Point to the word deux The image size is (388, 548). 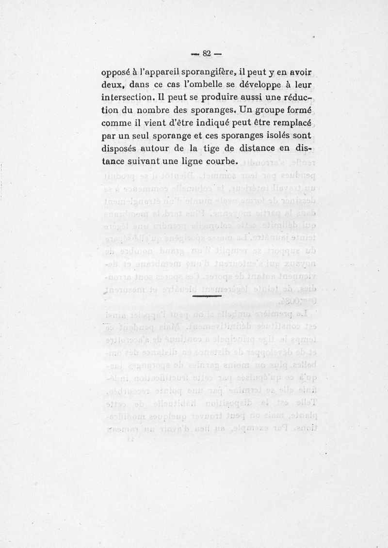112,85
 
